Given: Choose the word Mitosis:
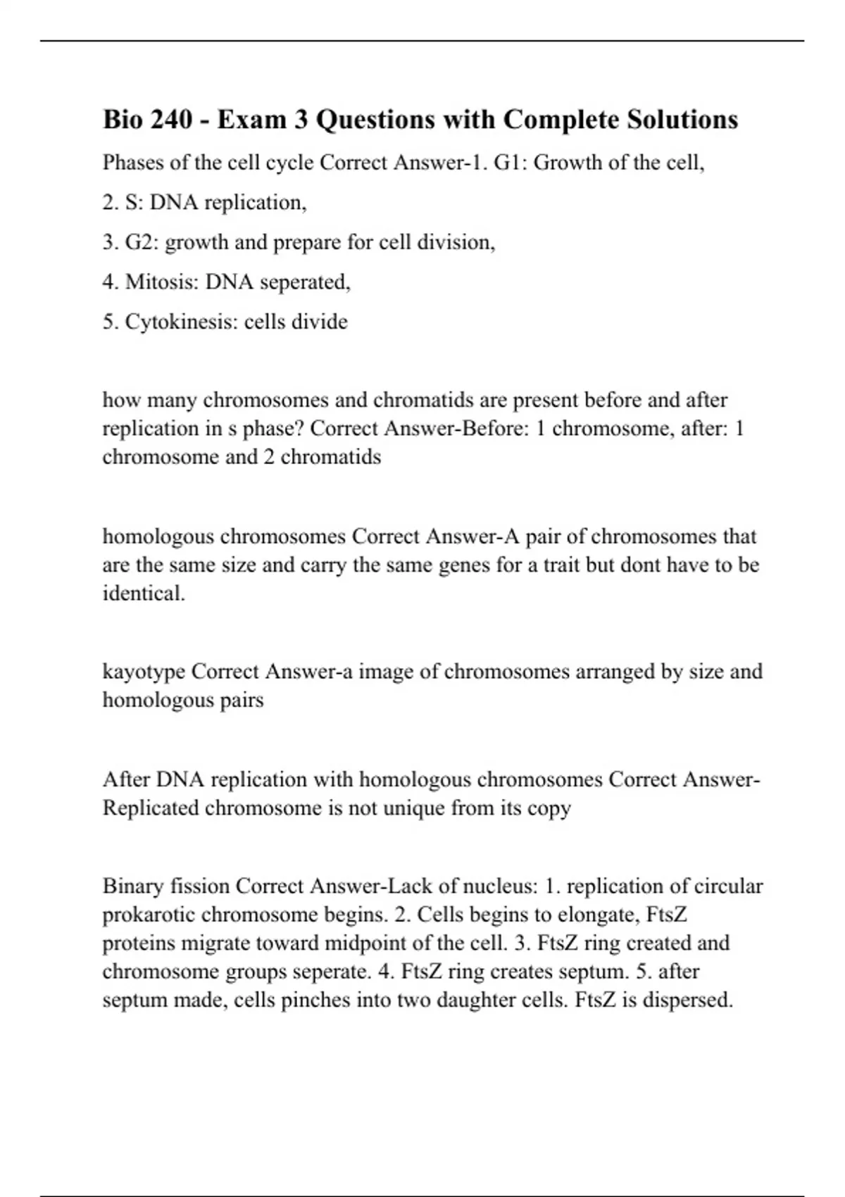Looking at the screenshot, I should [162, 282].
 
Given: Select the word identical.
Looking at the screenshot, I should [144, 593].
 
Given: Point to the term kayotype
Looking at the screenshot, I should [144, 671].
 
